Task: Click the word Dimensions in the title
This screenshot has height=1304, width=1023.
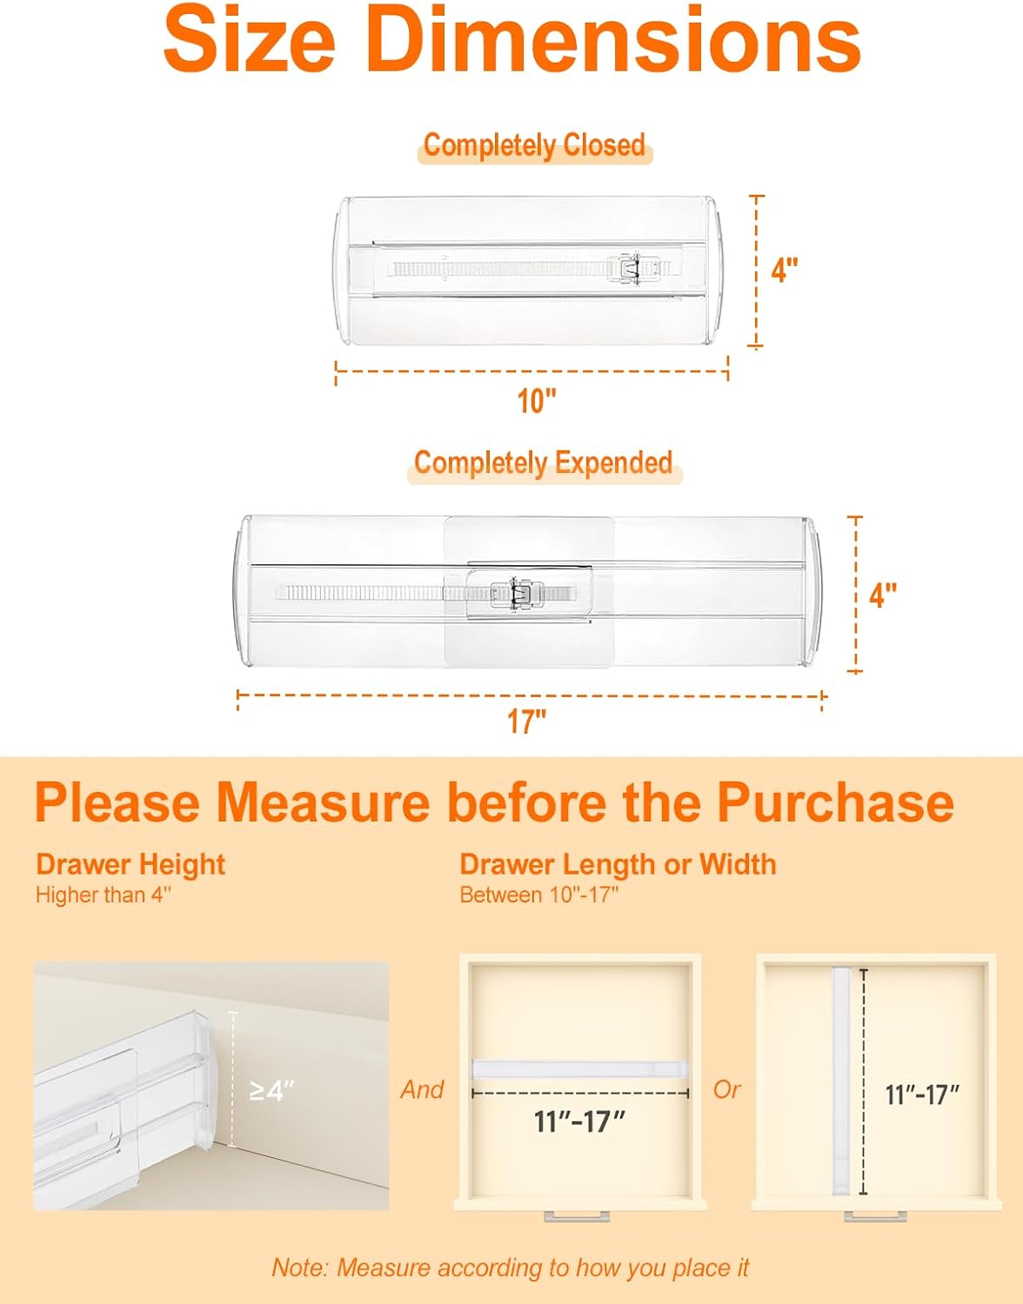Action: click(613, 40)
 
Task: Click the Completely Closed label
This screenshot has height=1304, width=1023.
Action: click(534, 145)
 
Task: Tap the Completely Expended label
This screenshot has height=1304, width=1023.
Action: click(543, 462)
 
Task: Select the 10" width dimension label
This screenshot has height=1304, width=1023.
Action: click(536, 402)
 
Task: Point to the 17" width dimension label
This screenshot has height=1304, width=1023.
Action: click(526, 722)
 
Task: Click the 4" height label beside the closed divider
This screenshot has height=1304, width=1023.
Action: click(785, 270)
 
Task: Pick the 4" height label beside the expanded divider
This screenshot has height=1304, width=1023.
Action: click(883, 595)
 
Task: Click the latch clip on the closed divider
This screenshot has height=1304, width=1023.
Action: click(632, 269)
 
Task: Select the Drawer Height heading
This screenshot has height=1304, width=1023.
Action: click(130, 864)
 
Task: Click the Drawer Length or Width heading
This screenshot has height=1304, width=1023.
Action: click(618, 864)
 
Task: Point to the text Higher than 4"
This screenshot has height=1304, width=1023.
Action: click(104, 895)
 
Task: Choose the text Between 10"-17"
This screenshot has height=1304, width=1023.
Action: click(538, 895)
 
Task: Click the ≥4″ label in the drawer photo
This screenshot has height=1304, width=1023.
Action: click(271, 1090)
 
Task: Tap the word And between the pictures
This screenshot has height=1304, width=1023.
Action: click(422, 1089)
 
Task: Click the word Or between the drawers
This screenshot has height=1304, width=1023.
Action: click(726, 1089)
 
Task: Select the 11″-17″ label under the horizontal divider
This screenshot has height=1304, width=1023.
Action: click(579, 1121)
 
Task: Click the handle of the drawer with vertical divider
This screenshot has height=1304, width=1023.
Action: click(875, 1215)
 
